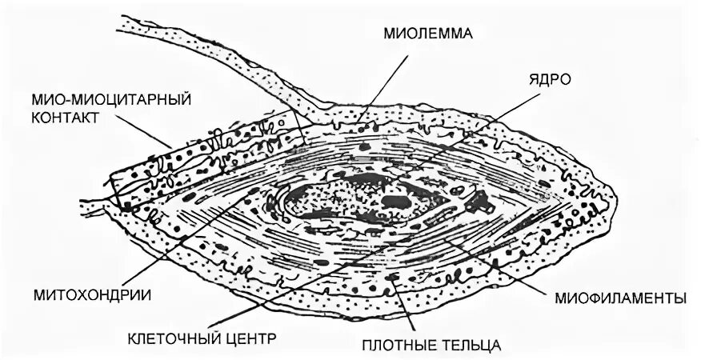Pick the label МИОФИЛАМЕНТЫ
[x=619, y=298]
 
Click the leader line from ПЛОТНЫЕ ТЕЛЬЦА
[x=404, y=308]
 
